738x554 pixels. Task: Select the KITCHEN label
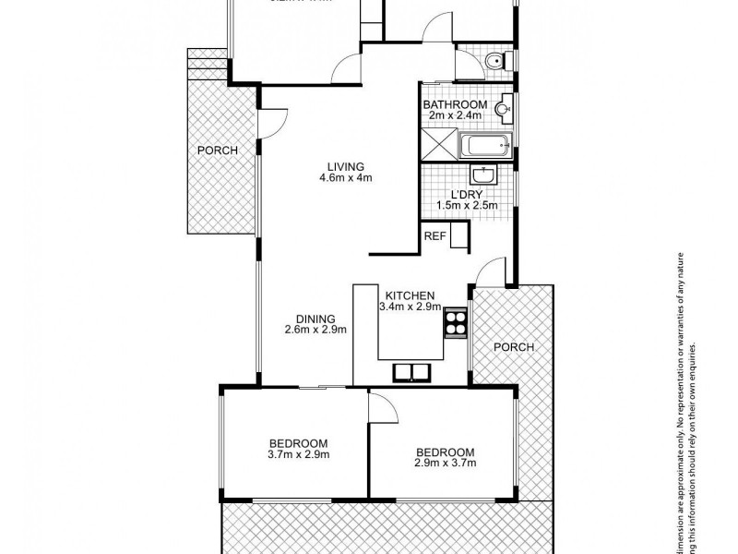pos(407,295)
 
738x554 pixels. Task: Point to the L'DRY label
pos(468,194)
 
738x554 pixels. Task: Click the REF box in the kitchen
pos(434,236)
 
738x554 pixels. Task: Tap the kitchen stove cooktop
pos(456,321)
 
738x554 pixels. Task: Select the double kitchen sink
pos(411,372)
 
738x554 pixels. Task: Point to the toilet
pos(494,62)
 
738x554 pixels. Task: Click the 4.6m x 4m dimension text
pos(346,178)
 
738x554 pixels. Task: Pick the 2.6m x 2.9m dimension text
pos(315,330)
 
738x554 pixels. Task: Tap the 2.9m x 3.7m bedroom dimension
pos(446,464)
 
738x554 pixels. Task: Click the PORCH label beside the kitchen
pos(514,347)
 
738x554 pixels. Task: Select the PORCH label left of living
pos(218,151)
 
